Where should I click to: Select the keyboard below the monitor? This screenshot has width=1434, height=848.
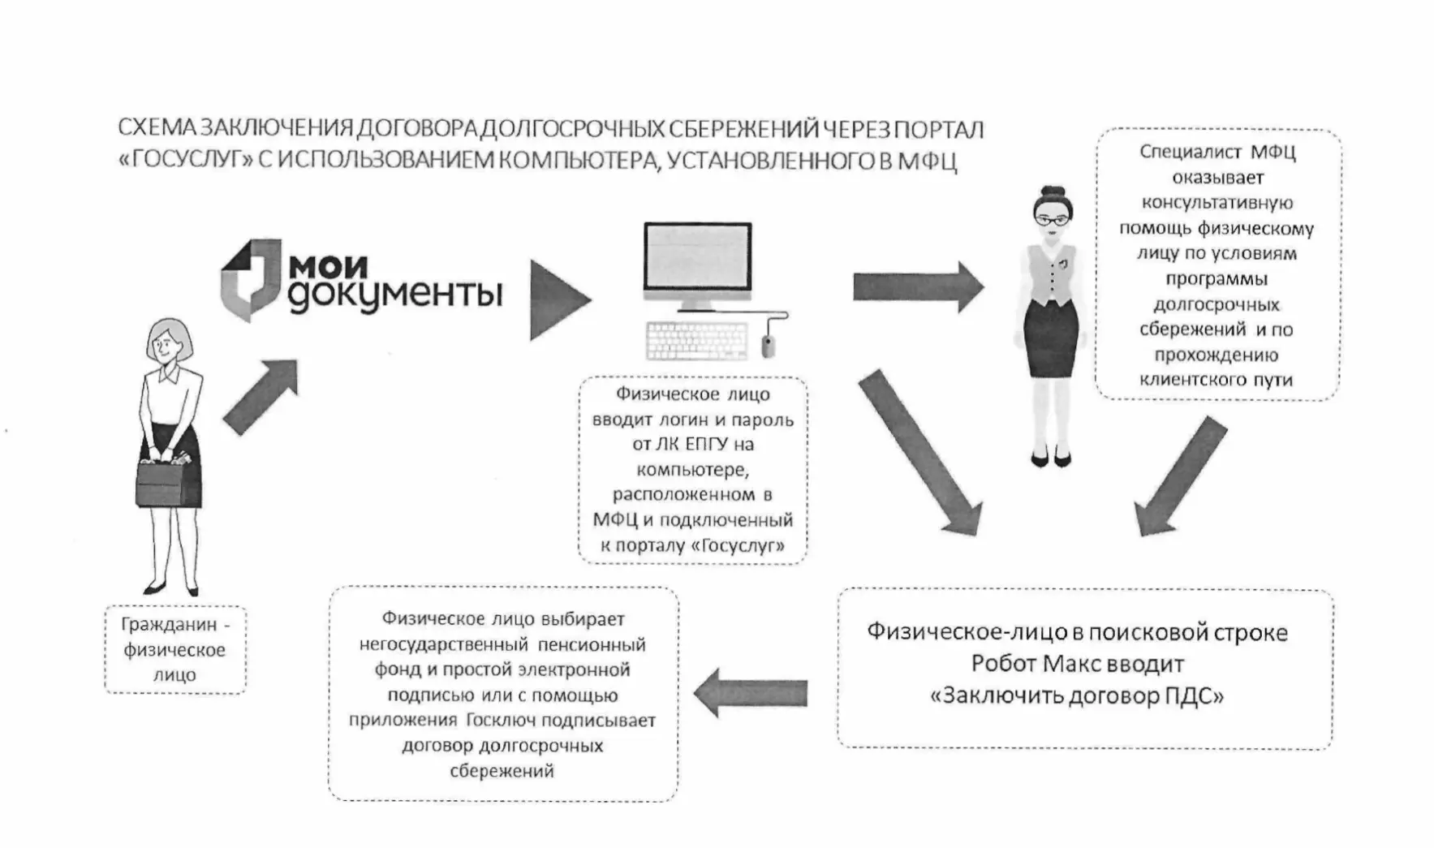tap(696, 340)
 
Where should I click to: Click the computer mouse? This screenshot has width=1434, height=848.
tap(768, 347)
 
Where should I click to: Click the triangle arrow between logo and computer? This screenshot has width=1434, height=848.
tap(558, 299)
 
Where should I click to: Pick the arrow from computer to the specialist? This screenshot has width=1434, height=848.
tap(917, 286)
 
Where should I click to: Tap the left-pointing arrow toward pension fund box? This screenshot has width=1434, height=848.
tap(751, 692)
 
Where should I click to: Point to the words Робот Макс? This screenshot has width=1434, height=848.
tap(1024, 664)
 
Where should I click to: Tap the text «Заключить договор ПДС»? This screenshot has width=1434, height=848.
tap(1077, 695)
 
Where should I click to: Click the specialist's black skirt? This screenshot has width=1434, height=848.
tap(1051, 339)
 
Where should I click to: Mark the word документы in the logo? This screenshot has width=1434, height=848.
tap(394, 295)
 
